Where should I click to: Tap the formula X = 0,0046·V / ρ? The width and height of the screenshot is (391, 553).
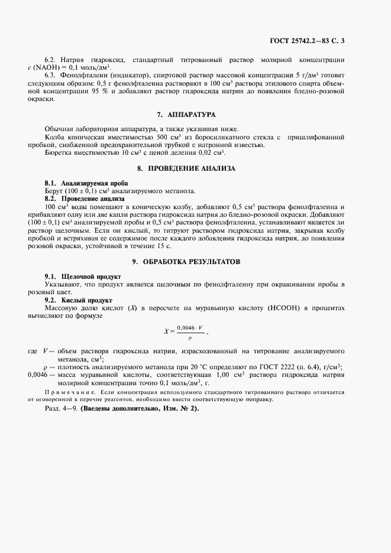pos(186,332)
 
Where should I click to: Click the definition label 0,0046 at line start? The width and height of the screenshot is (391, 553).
pos(38,375)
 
